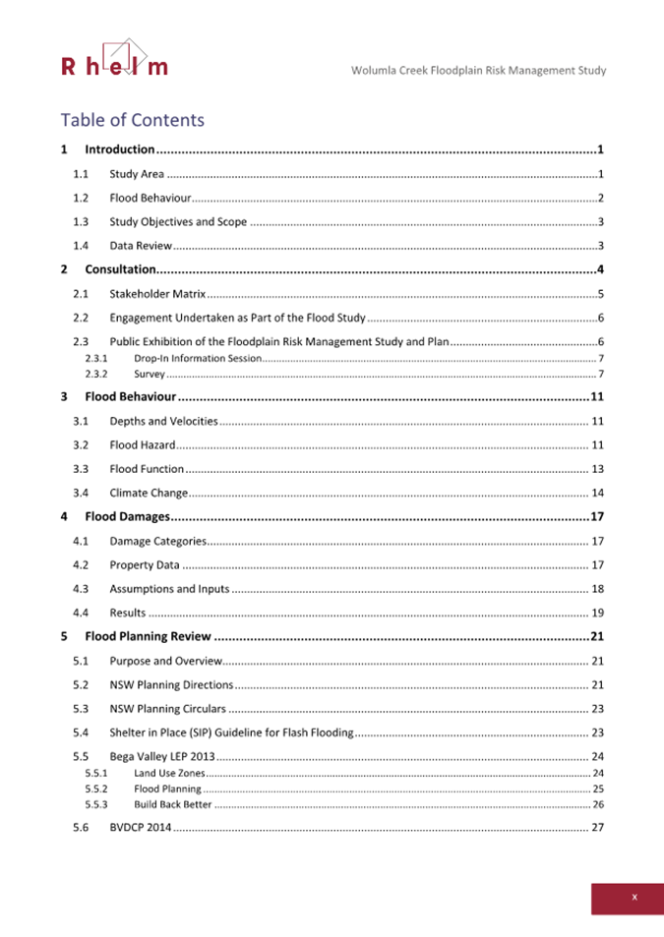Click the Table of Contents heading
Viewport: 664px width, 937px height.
tap(132, 120)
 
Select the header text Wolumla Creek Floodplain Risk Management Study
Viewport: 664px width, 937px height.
tap(478, 71)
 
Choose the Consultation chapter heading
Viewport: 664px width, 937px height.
tap(120, 269)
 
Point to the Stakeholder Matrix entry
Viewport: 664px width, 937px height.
tap(157, 294)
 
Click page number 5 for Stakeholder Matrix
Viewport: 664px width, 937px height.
tap(600, 294)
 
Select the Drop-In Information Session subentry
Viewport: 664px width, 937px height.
tap(198, 358)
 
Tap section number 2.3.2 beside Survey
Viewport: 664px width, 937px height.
tap(95, 375)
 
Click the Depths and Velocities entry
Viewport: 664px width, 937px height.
tap(163, 422)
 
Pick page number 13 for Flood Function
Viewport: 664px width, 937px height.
tap(597, 469)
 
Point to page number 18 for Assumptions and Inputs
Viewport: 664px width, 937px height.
tap(597, 589)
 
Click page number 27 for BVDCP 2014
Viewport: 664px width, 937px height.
tap(597, 828)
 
